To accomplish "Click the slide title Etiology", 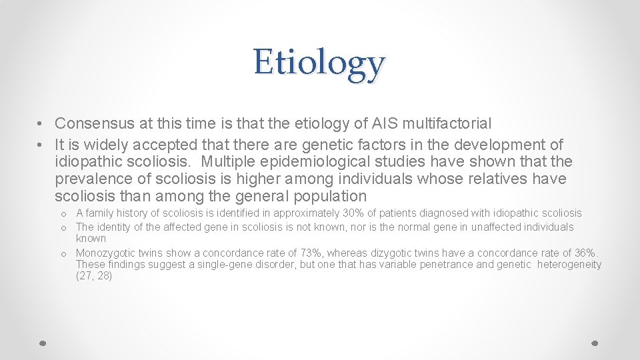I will click(x=319, y=63).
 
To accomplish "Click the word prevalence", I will click(x=93, y=179).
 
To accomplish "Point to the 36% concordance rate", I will click(x=587, y=253).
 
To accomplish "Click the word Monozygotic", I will click(x=107, y=253).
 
